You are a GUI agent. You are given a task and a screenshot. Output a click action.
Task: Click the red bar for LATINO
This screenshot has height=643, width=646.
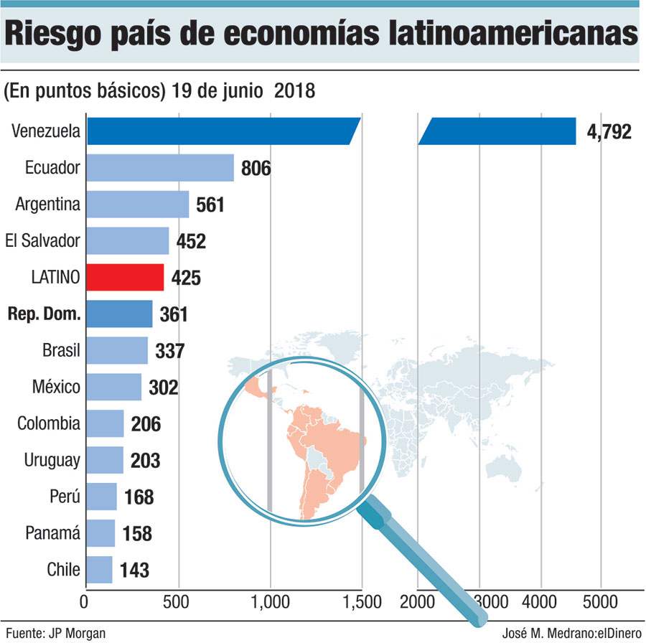point(125,277)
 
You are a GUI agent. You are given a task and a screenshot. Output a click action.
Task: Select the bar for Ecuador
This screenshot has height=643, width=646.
point(160,168)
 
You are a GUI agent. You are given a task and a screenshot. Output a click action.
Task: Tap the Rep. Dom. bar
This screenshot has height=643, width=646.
point(119,314)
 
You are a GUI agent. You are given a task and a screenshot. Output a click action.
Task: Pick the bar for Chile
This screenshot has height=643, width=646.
point(99,570)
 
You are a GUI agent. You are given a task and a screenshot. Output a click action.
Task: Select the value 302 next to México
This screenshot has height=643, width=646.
point(164,388)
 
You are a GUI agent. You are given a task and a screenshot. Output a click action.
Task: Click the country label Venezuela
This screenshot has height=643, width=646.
point(46,131)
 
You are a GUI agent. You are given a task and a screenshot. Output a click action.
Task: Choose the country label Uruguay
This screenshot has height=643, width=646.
point(52,459)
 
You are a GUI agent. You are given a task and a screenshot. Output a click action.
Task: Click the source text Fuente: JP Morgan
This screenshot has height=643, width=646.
point(55,632)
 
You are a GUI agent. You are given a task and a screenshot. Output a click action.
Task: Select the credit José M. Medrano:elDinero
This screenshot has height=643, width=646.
point(567,632)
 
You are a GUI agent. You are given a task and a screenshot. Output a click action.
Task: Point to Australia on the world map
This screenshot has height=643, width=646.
point(502,468)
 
